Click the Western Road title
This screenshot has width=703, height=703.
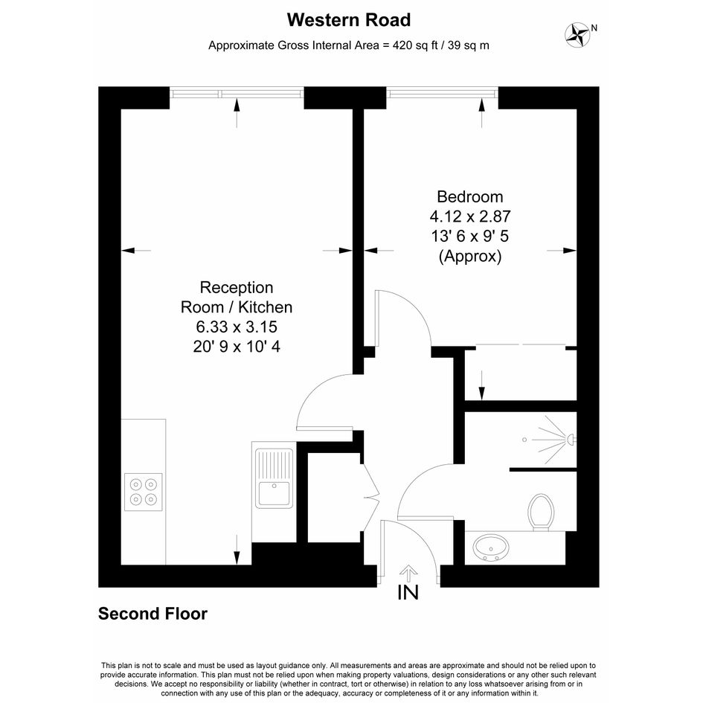click(x=349, y=20)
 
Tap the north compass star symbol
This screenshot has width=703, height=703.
click(x=577, y=35)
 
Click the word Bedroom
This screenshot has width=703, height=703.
click(x=470, y=197)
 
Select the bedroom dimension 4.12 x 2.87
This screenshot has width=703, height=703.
click(x=470, y=216)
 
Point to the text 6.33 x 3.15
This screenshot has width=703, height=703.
click(x=237, y=327)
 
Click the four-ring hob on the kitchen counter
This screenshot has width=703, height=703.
click(x=144, y=492)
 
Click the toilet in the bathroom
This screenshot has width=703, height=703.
click(x=541, y=513)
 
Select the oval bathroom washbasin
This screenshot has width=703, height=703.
click(x=492, y=547)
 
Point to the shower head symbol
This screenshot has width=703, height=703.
click(x=571, y=440)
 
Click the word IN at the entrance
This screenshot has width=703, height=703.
click(x=408, y=592)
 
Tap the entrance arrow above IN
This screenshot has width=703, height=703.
click(x=408, y=573)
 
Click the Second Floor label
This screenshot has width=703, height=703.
click(x=153, y=614)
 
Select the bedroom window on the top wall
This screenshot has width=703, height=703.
click(x=442, y=93)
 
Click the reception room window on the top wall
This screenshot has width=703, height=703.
click(x=237, y=93)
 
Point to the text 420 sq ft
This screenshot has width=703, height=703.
click(x=415, y=45)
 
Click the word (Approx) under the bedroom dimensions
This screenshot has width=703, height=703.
click(x=470, y=257)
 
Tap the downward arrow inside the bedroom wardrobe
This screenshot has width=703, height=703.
click(x=482, y=385)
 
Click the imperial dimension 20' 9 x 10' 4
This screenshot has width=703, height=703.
click(x=237, y=347)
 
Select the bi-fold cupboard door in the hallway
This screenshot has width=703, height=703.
click(x=370, y=497)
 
